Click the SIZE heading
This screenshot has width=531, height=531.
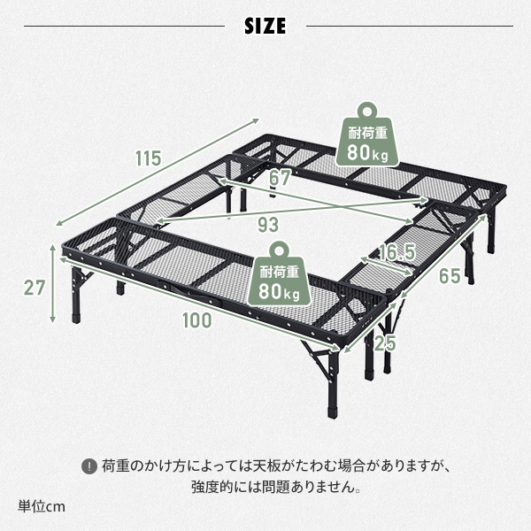point(265,26)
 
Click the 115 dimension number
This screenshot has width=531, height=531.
point(148,158)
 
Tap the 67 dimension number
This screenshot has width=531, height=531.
point(280,178)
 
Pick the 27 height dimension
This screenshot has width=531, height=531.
point(35,287)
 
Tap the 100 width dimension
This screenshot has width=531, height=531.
point(197,320)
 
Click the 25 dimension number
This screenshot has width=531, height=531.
point(383,341)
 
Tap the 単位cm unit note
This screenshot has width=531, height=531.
point(42,507)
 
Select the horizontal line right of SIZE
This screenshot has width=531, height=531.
point(408,26)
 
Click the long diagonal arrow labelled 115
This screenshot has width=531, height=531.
point(159,172)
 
